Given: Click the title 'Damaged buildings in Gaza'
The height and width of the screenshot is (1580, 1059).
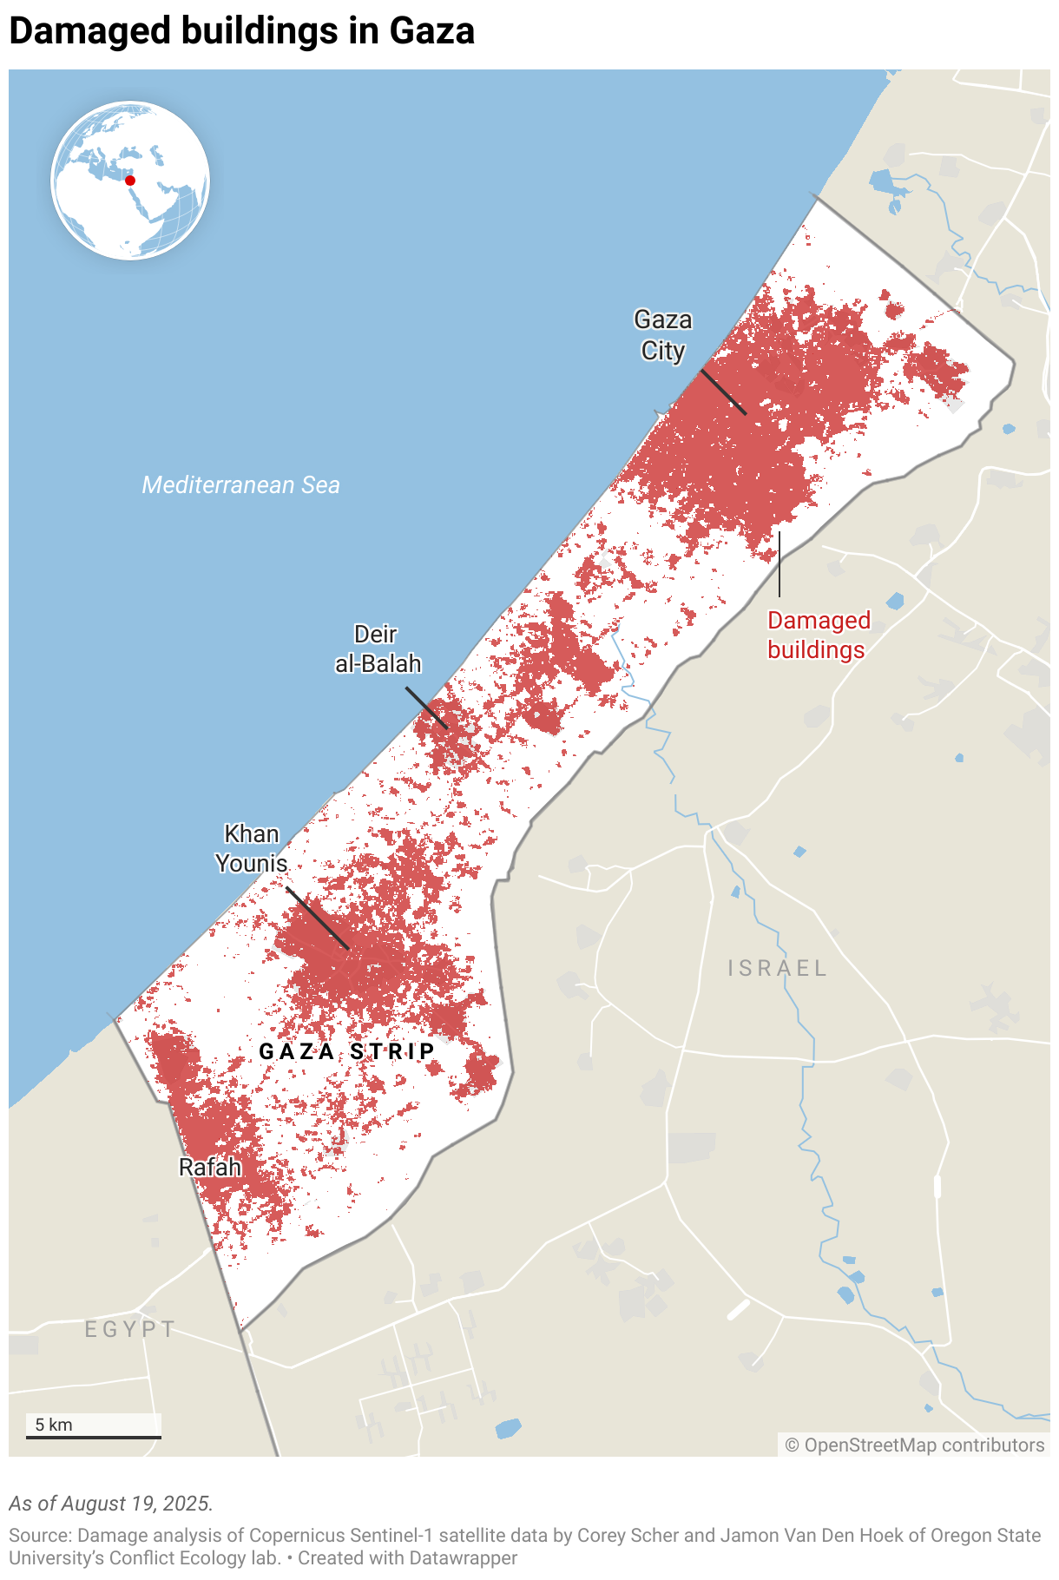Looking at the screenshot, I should pyautogui.click(x=241, y=31).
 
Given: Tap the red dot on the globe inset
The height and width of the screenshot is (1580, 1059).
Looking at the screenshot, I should pyautogui.click(x=130, y=181).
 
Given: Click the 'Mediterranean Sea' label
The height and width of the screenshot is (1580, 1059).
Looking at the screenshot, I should pyautogui.click(x=240, y=484).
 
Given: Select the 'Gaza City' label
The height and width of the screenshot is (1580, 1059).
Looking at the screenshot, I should pyautogui.click(x=663, y=335).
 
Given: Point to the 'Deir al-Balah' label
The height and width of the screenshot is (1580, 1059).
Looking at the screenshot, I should pyautogui.click(x=378, y=649).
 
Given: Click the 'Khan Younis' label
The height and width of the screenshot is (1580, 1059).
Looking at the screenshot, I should pyautogui.click(x=251, y=848).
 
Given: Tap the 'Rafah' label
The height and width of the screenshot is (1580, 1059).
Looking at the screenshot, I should pyautogui.click(x=209, y=1167).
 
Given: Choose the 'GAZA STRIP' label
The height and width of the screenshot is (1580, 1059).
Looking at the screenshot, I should pyautogui.click(x=347, y=1051).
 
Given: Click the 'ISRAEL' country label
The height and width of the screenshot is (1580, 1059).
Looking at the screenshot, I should pyautogui.click(x=777, y=968).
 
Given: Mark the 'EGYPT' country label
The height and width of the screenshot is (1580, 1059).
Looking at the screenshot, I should pyautogui.click(x=130, y=1329).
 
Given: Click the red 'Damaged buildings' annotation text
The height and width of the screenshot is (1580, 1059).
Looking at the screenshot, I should pyautogui.click(x=818, y=635).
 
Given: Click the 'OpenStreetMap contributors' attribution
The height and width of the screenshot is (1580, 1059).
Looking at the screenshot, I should pyautogui.click(x=915, y=1445).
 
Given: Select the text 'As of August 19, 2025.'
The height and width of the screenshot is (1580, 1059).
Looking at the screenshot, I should pyautogui.click(x=111, y=1504).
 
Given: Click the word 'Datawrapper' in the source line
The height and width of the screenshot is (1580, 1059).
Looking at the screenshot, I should pyautogui.click(x=464, y=1558).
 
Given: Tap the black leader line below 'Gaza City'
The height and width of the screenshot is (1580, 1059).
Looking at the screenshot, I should pyautogui.click(x=723, y=392).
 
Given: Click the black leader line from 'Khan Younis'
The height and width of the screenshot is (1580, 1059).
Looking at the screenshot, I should pyautogui.click(x=318, y=918).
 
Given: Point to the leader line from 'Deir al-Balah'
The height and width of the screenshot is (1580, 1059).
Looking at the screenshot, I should pyautogui.click(x=426, y=708).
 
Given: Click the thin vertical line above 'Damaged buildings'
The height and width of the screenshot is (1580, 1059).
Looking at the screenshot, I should pyautogui.click(x=779, y=564).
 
